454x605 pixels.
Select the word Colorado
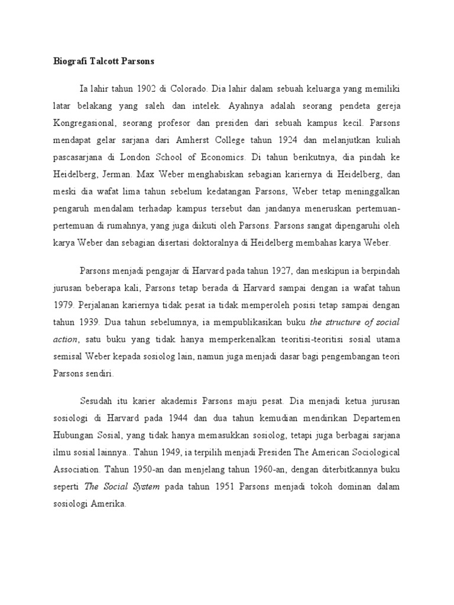pos(189,89)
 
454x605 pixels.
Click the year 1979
pos(61,305)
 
